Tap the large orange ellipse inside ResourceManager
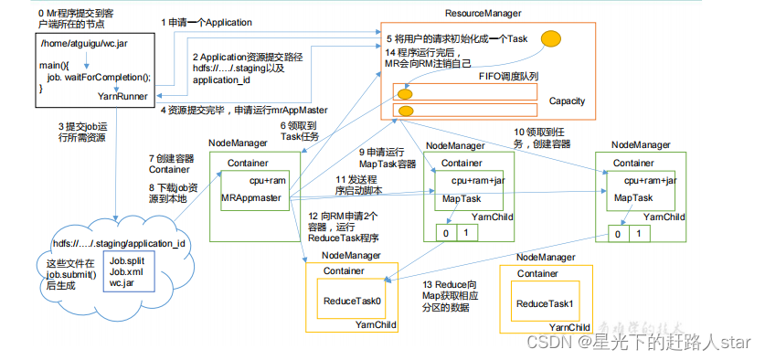[x=550, y=38]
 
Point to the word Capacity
[x=567, y=101]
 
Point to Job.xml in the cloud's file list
[x=125, y=271]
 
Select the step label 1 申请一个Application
[x=207, y=21]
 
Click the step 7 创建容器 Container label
[x=170, y=164]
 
